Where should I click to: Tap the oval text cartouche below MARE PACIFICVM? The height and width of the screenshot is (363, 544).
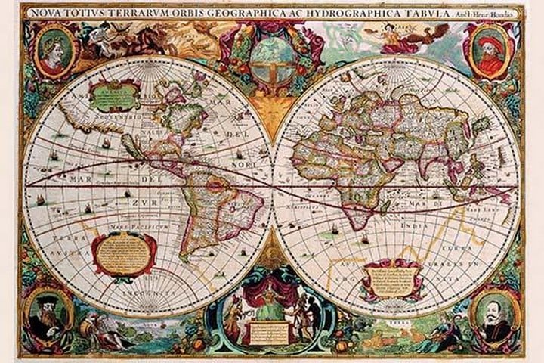point(124,253)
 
